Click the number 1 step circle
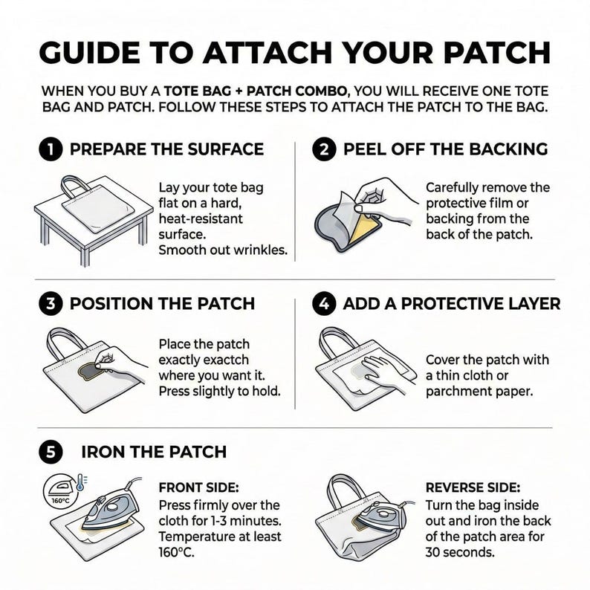coord(50,149)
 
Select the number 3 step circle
coord(50,304)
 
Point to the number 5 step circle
coord(50,452)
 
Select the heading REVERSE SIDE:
coord(473,488)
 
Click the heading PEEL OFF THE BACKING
coord(445,149)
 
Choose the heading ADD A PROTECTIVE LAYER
coord(451,304)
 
